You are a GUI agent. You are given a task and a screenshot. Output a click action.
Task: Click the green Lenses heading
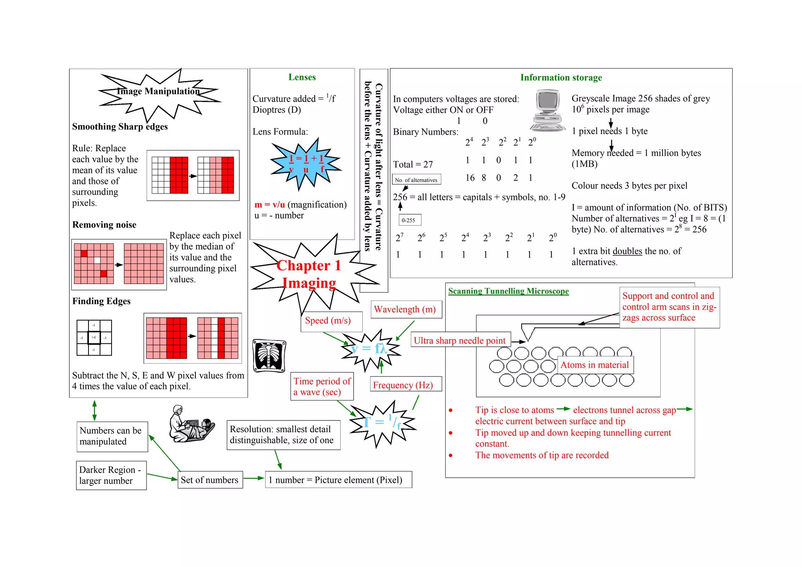[x=302, y=77]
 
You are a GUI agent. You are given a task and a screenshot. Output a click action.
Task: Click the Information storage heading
[x=561, y=78]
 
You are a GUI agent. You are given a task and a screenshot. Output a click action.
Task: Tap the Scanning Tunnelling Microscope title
[x=508, y=291]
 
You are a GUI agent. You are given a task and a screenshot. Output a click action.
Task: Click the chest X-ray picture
[x=269, y=355]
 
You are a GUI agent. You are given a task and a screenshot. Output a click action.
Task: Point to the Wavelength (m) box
[x=405, y=309]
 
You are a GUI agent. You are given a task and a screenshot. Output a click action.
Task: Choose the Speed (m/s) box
[x=328, y=321]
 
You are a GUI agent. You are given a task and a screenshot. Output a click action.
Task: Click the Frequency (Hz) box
[x=403, y=385]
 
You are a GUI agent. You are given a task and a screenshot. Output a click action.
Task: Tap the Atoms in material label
[x=594, y=365]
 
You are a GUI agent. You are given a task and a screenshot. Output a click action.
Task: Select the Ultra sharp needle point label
[x=460, y=341]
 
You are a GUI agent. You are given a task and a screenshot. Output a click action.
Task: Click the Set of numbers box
[x=210, y=480]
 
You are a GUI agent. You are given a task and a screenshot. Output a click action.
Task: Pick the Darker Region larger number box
[x=111, y=475]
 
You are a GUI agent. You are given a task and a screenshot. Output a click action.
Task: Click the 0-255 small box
[x=408, y=220]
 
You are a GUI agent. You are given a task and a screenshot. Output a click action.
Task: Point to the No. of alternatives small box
[x=416, y=180]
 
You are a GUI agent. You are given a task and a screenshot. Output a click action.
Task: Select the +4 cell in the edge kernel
[x=94, y=337]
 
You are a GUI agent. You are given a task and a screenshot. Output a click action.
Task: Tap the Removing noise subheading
[x=104, y=225]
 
